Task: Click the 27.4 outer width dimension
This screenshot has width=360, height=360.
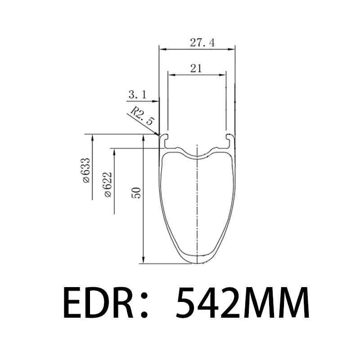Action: point(202,43)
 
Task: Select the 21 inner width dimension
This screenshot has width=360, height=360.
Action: point(196,68)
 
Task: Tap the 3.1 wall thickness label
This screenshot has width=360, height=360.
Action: point(138,94)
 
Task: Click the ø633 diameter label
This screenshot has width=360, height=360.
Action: point(86,171)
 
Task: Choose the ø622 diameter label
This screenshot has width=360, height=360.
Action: point(108,184)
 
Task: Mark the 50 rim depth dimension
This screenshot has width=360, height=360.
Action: point(136,193)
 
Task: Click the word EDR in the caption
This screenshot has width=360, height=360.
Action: point(98,302)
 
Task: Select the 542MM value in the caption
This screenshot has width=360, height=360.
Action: point(243,302)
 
